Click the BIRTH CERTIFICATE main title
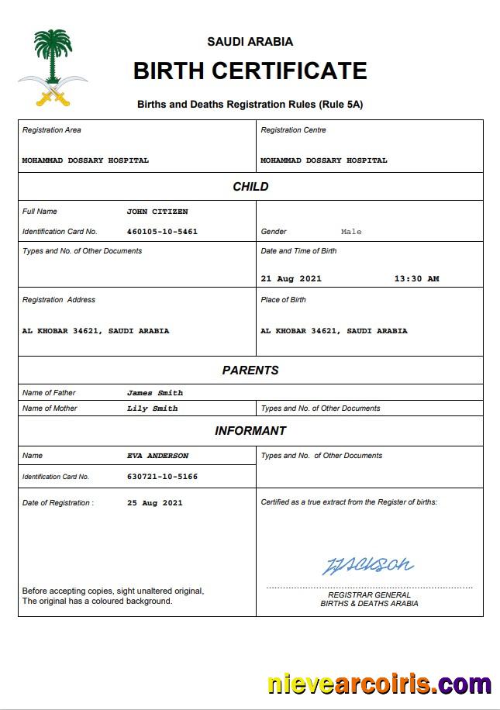pyautogui.click(x=250, y=71)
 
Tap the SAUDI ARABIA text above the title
pyautogui.click(x=250, y=42)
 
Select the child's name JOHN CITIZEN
pyautogui.click(x=157, y=212)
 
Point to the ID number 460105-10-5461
pyautogui.click(x=162, y=232)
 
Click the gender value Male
pyautogui.click(x=351, y=232)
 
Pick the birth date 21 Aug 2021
pyautogui.click(x=291, y=279)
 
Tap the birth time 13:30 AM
pyautogui.click(x=416, y=279)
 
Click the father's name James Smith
pyautogui.click(x=155, y=393)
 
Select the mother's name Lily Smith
pyautogui.click(x=152, y=408)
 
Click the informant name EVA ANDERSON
pyautogui.click(x=157, y=456)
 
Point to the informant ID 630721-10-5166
pyautogui.click(x=162, y=477)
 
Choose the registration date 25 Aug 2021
pyautogui.click(x=155, y=503)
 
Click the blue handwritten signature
pyautogui.click(x=367, y=565)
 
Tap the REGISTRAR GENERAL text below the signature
pyautogui.click(x=369, y=595)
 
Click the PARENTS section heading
pyautogui.click(x=250, y=371)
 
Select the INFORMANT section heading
pyautogui.click(x=250, y=431)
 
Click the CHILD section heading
pyautogui.click(x=250, y=187)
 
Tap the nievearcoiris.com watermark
pyautogui.click(x=379, y=684)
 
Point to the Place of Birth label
pyautogui.click(x=284, y=300)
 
